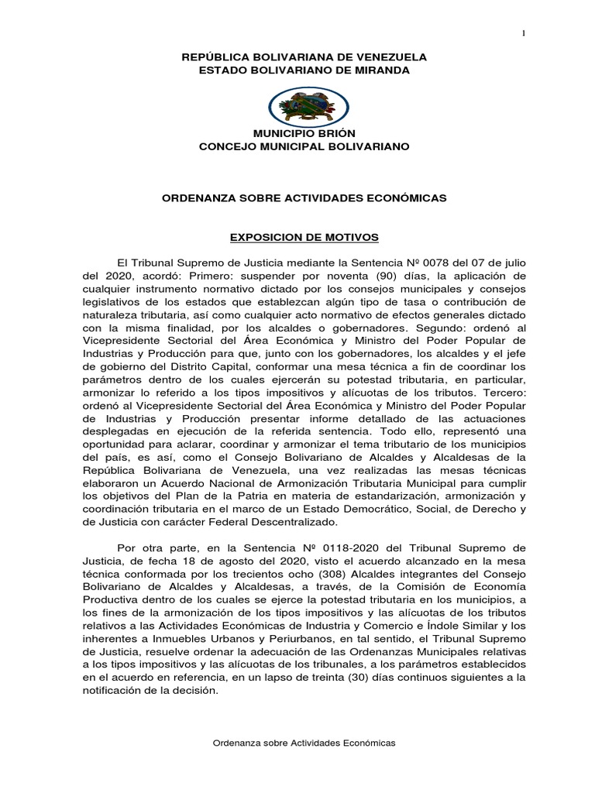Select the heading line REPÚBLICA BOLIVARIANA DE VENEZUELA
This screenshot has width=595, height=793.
click(x=303, y=58)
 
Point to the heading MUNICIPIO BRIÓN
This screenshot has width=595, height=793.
click(x=303, y=133)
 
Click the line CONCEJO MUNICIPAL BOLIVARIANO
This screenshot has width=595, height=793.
click(x=303, y=146)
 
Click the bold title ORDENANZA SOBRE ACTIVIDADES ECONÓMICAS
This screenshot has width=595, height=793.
click(x=303, y=198)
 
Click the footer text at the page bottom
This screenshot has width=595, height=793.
click(x=304, y=742)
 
